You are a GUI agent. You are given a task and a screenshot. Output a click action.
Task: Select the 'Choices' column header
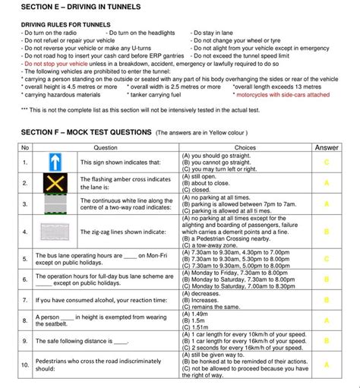coord(245,147)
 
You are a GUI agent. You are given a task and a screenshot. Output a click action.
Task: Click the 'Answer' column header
coord(327,147)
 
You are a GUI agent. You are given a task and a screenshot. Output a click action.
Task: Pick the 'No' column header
coord(25,147)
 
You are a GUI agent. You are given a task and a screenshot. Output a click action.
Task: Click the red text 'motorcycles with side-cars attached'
coord(283,96)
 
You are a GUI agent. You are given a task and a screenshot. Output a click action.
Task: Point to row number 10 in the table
coord(25,365)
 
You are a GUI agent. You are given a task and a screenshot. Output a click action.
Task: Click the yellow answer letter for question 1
coord(327,162)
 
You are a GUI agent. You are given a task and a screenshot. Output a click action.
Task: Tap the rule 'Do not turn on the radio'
coord(50,33)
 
